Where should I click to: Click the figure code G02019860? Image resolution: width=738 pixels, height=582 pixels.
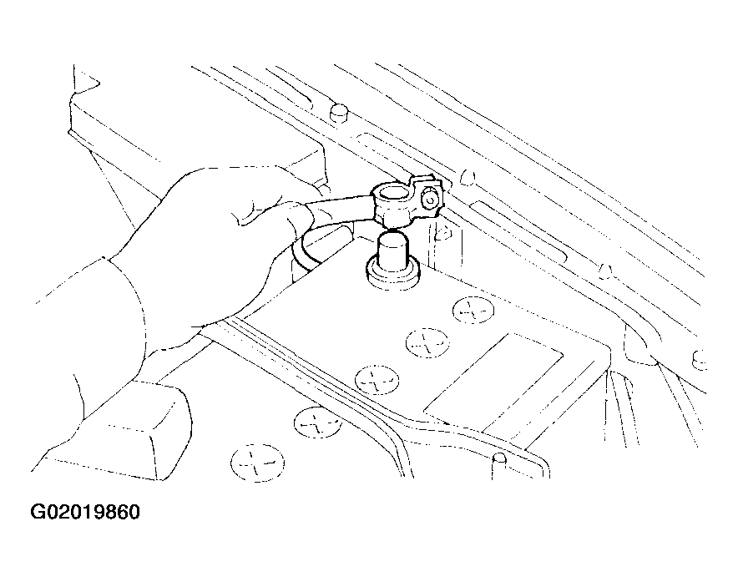coord(85,513)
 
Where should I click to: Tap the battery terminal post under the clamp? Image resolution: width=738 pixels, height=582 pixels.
coord(392,253)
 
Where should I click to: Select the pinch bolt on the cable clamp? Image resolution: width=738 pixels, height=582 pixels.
coord(429,200)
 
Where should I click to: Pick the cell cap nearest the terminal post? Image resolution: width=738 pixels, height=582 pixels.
coord(473,311)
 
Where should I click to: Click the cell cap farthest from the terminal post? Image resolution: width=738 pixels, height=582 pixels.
coord(257,463)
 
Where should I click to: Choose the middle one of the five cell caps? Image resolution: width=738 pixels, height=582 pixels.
coord(377,380)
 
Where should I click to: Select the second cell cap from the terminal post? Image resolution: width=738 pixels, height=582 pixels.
coord(427,343)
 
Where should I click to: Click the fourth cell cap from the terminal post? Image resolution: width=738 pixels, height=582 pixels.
coord(318,422)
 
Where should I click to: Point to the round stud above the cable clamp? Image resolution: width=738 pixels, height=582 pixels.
coord(339,113)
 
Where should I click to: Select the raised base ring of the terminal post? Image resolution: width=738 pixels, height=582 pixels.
coord(392,275)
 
